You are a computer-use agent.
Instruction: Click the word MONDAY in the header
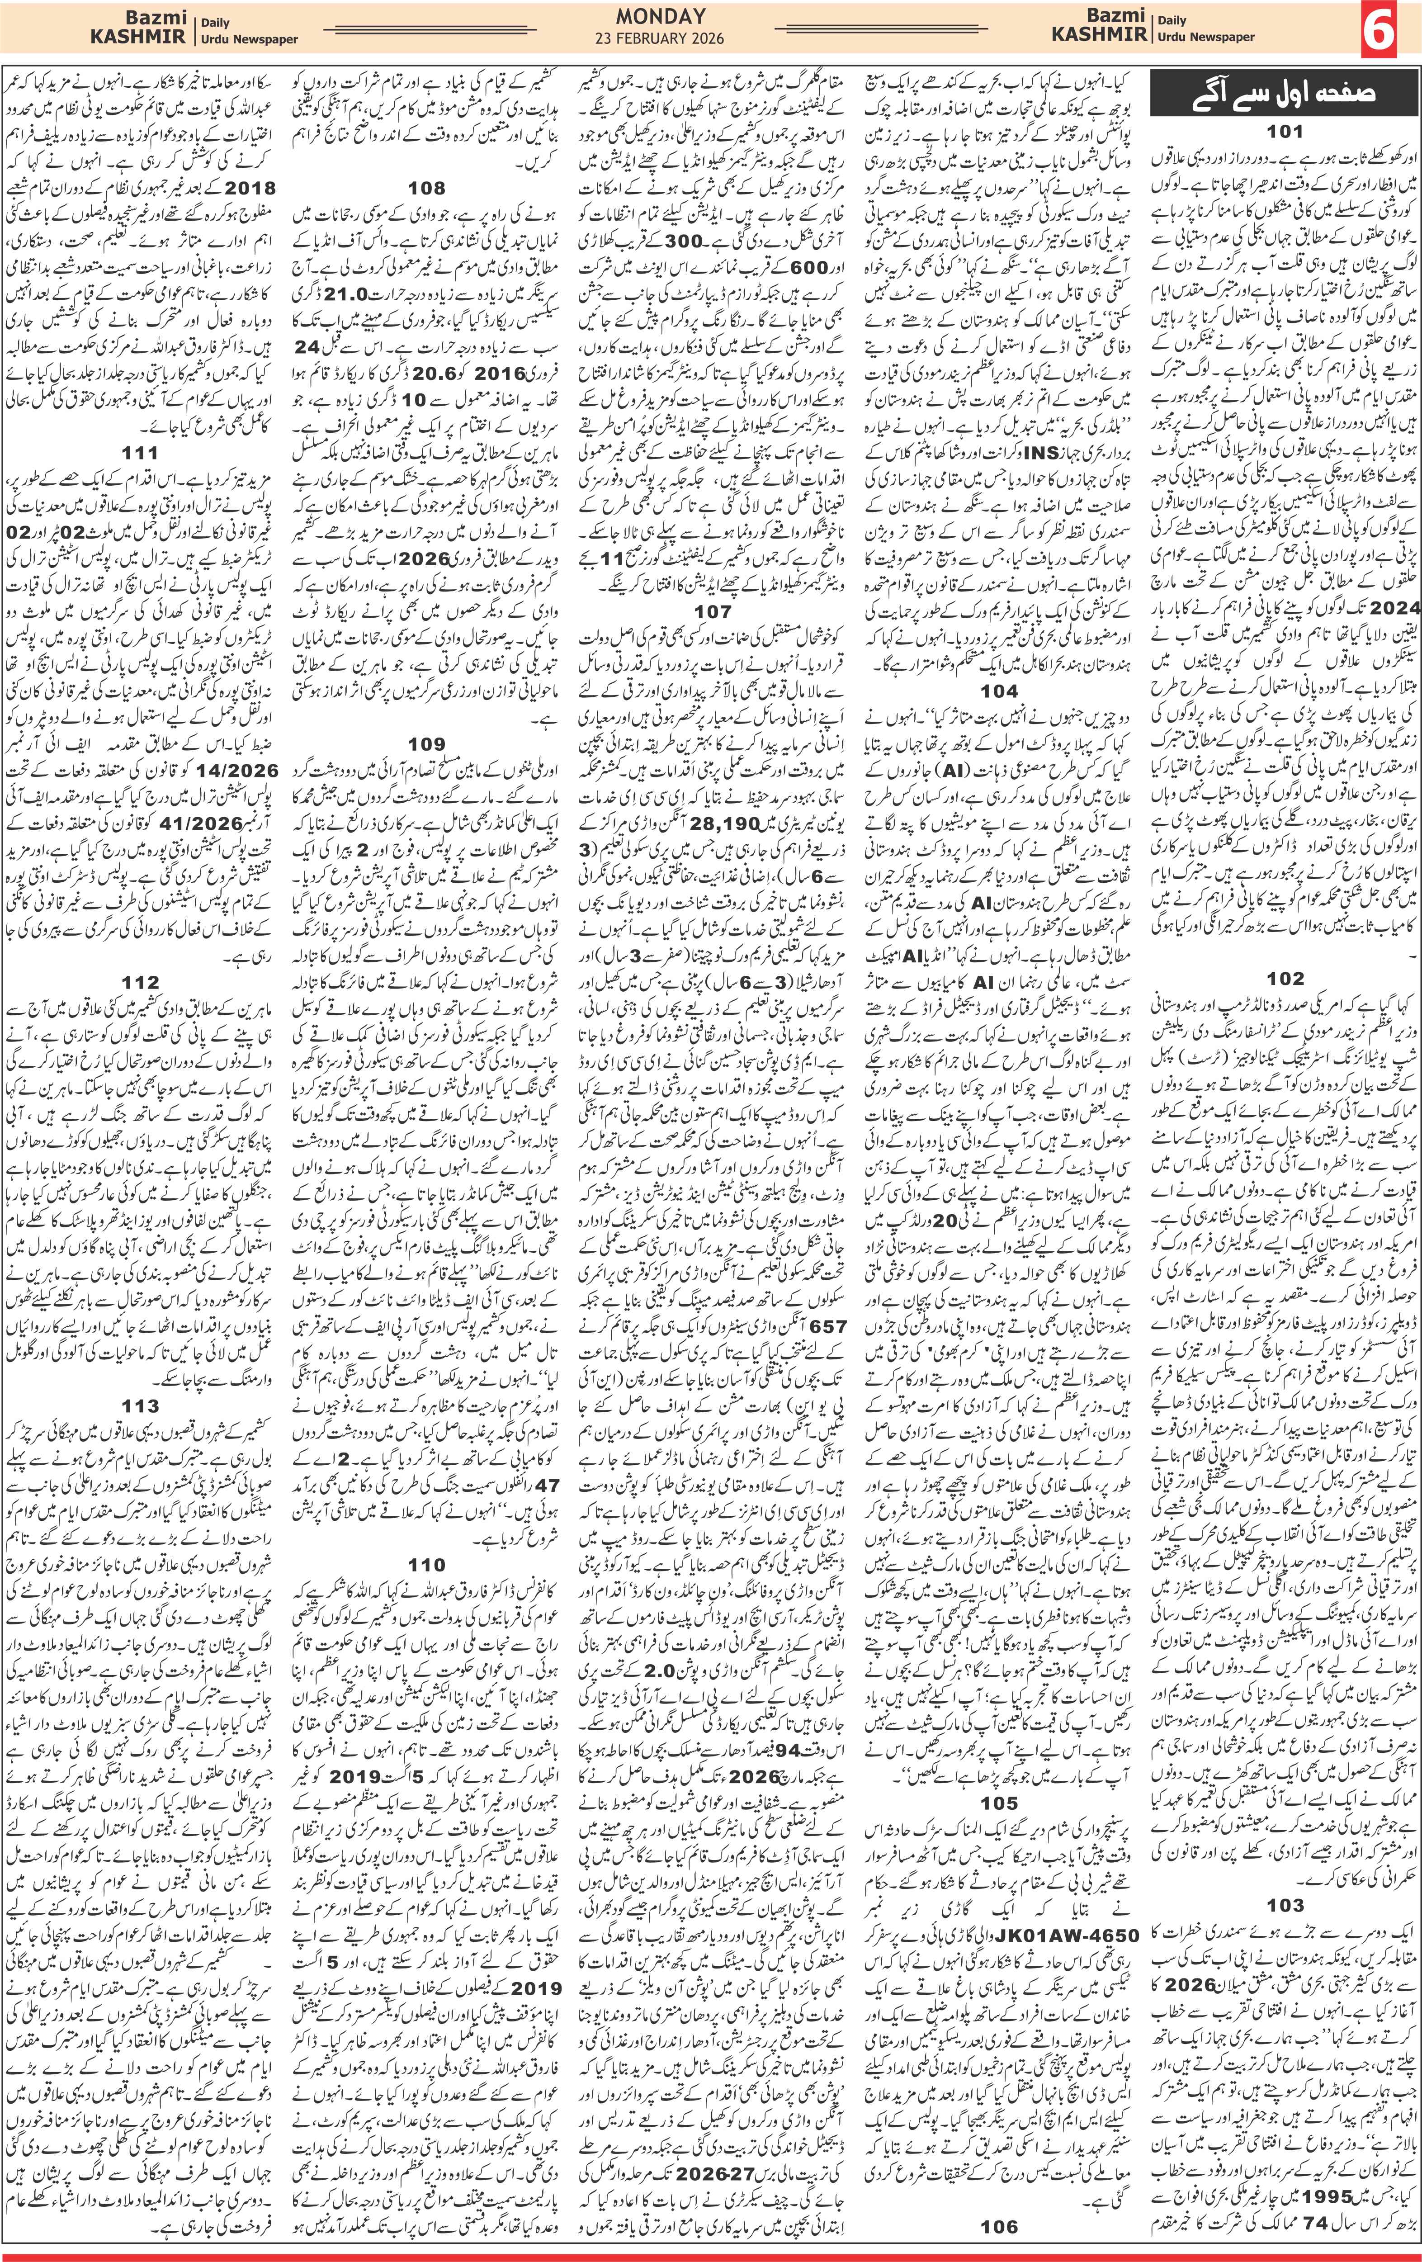660,16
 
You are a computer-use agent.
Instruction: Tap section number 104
998,691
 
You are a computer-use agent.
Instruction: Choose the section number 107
712,610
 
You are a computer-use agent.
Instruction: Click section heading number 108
426,188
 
